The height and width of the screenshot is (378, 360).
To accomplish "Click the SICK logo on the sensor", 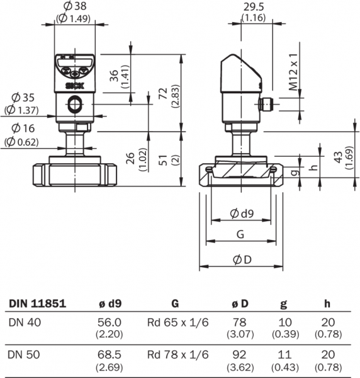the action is pyautogui.click(x=75, y=86).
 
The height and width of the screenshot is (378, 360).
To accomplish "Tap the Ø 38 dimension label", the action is pyautogui.click(x=75, y=6).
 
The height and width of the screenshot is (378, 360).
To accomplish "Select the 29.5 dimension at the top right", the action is pyautogui.click(x=254, y=7).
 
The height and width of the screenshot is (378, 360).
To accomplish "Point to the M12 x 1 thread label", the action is pyautogui.click(x=293, y=72).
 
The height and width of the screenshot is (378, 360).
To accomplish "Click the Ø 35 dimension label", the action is pyautogui.click(x=23, y=98).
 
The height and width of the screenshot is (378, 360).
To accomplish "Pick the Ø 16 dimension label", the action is pyautogui.click(x=23, y=129).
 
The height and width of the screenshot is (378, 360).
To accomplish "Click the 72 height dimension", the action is pyautogui.click(x=164, y=93).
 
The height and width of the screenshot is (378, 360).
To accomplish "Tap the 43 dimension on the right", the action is pyautogui.click(x=339, y=157).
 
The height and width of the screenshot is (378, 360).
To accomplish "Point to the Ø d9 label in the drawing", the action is pyautogui.click(x=242, y=214).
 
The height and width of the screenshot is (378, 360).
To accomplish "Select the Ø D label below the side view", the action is pyautogui.click(x=242, y=260).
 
